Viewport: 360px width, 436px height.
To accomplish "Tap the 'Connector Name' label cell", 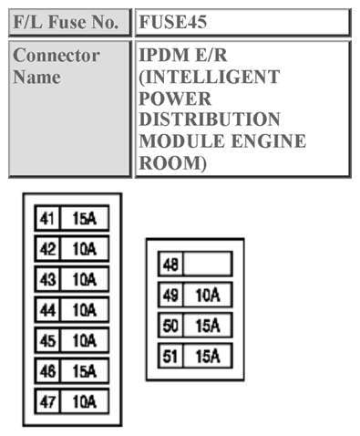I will pos(57,66).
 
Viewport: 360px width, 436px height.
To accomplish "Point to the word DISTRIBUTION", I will pos(210,120).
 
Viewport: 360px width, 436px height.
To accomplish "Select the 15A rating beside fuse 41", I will pos(85,218).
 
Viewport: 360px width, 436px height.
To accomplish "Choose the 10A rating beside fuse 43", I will pos(85,279).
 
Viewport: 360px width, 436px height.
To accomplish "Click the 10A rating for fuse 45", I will pos(85,340).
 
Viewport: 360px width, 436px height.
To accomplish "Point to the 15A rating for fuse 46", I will pos(85,371).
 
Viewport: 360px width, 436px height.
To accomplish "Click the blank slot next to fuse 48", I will pos(207,265).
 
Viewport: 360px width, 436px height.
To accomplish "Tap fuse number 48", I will pos(170,265).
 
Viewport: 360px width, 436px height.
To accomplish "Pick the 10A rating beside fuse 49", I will pos(207,295).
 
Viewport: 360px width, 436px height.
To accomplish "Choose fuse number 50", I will pos(170,326).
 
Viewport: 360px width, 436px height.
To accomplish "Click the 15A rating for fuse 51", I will pos(207,356).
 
